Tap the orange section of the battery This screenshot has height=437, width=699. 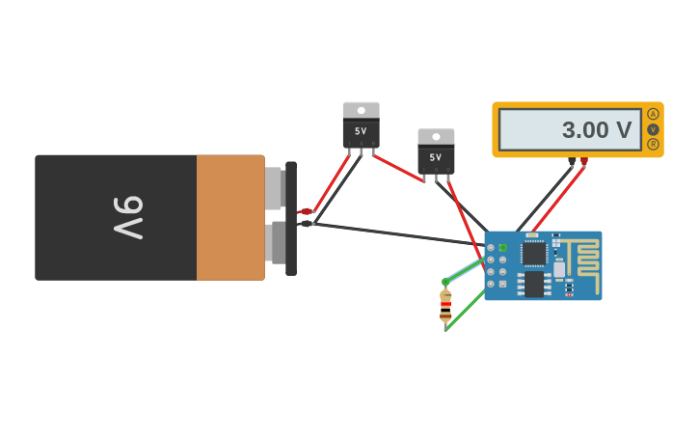230,217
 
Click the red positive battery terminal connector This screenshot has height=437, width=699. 307,211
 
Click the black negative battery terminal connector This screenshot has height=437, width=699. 307,224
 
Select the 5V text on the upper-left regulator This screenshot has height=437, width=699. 361,131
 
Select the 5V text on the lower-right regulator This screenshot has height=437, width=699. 436,157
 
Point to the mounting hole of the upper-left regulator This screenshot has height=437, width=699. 362,110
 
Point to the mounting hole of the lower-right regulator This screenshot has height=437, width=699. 436,137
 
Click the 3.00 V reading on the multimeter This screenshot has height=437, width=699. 596,130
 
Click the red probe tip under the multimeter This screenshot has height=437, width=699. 584,162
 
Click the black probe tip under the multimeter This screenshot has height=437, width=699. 572,162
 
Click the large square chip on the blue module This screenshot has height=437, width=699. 534,254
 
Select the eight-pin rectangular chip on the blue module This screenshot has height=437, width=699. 533,284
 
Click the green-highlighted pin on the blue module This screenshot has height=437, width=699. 502,248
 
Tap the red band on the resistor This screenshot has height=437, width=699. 445,304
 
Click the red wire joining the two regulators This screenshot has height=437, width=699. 398,168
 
